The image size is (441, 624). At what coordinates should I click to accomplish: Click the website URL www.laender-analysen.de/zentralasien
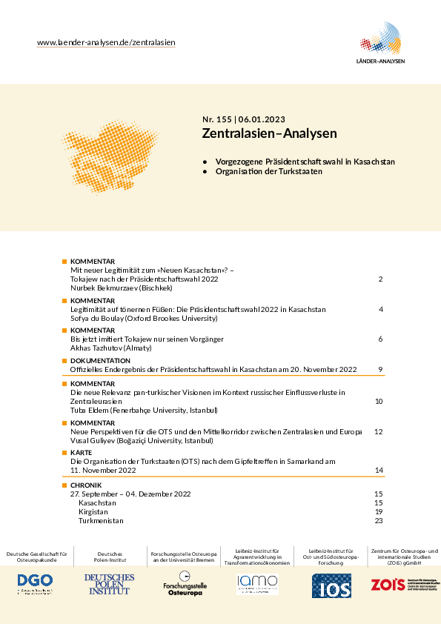[x=106, y=43]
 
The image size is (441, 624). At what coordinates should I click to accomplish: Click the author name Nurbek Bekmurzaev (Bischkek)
[x=121, y=288]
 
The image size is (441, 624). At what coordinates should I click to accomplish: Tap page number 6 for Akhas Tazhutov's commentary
[x=379, y=339]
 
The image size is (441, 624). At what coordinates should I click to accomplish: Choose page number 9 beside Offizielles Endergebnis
[x=379, y=369]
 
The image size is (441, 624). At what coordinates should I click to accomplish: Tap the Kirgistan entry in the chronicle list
[x=93, y=511]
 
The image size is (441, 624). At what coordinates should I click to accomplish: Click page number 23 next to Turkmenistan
[x=378, y=521]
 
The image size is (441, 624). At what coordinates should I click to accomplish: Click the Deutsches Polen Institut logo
[x=109, y=584]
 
